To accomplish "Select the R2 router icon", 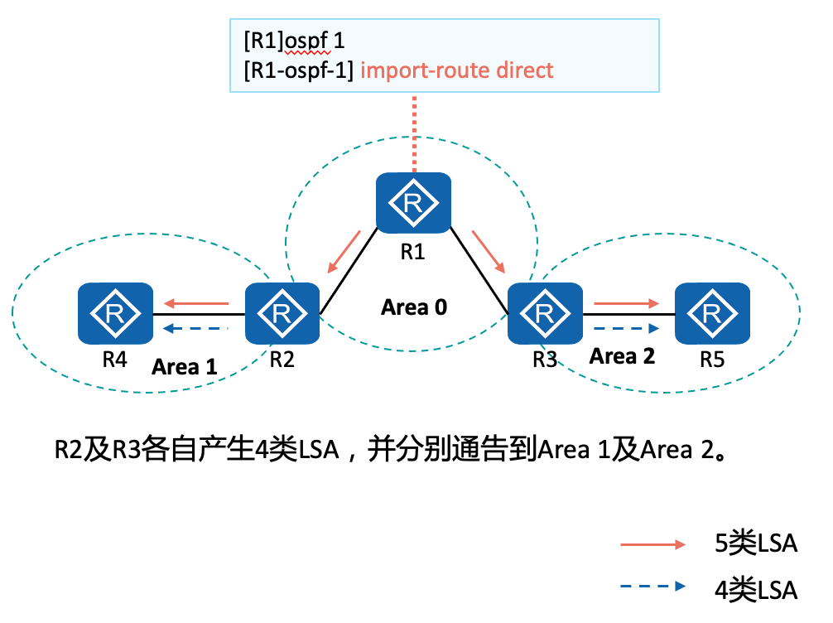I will click(282, 314).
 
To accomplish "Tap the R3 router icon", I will click(545, 314).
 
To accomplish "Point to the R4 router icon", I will click(115, 314).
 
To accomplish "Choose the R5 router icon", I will click(712, 314).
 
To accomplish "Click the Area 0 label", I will click(414, 307).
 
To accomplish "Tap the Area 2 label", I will click(622, 357).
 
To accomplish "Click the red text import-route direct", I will click(458, 70).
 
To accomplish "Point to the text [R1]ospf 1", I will click(293, 41).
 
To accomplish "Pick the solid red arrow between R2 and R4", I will click(195, 303).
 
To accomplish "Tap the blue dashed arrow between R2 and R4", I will click(195, 329).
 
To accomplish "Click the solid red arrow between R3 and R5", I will click(625, 303).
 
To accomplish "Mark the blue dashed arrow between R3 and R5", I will click(625, 329).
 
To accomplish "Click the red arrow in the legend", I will click(653, 544).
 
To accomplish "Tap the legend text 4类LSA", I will click(755, 589).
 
